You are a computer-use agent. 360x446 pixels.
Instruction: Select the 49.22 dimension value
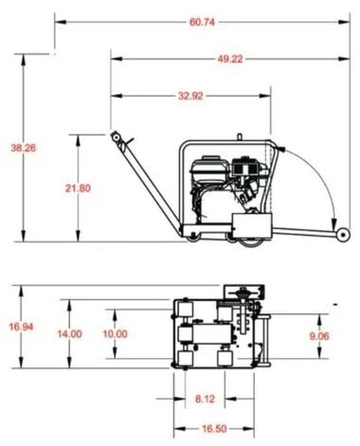(x=226, y=59)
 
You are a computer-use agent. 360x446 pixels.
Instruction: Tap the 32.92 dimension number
(x=189, y=95)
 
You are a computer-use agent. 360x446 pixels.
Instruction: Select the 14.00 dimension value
(x=69, y=333)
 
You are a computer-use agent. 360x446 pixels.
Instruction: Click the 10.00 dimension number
(x=115, y=333)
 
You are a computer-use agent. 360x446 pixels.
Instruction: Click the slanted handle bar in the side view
(x=143, y=185)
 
